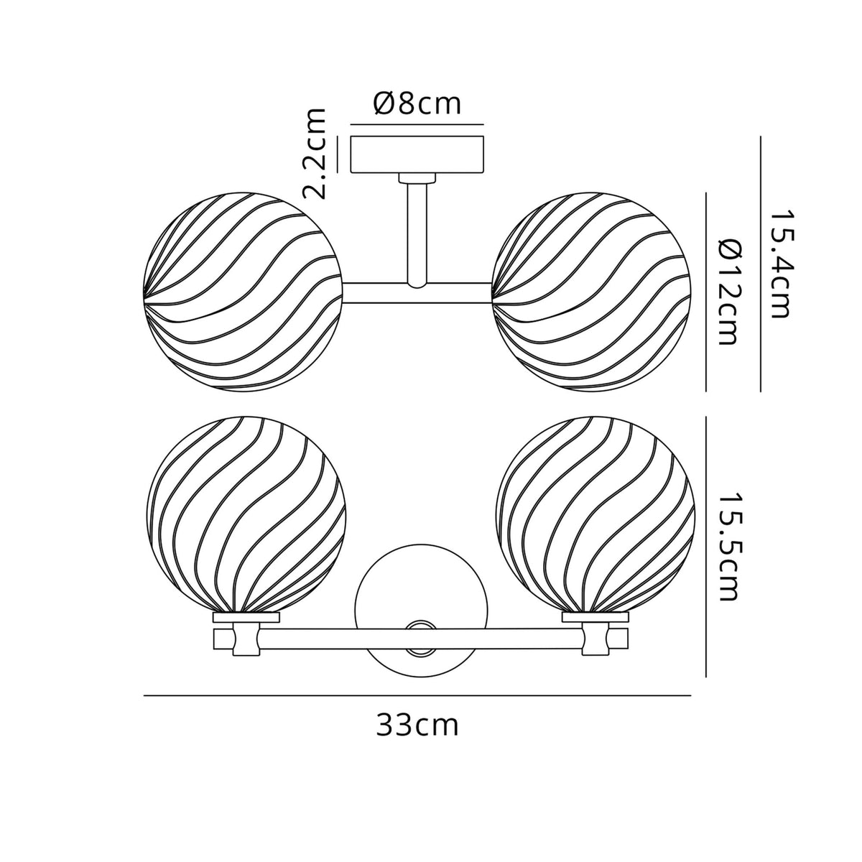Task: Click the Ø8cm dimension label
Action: coord(417,105)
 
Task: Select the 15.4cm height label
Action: coord(779,264)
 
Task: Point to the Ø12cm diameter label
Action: coord(726,292)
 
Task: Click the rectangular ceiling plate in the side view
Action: coord(417,154)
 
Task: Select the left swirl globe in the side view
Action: coord(242,292)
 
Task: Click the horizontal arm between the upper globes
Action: coord(417,292)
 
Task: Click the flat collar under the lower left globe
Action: coord(246,617)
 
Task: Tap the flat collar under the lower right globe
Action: coord(595,617)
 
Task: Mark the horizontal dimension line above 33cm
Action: coord(417,695)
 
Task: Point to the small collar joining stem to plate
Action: coord(417,177)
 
